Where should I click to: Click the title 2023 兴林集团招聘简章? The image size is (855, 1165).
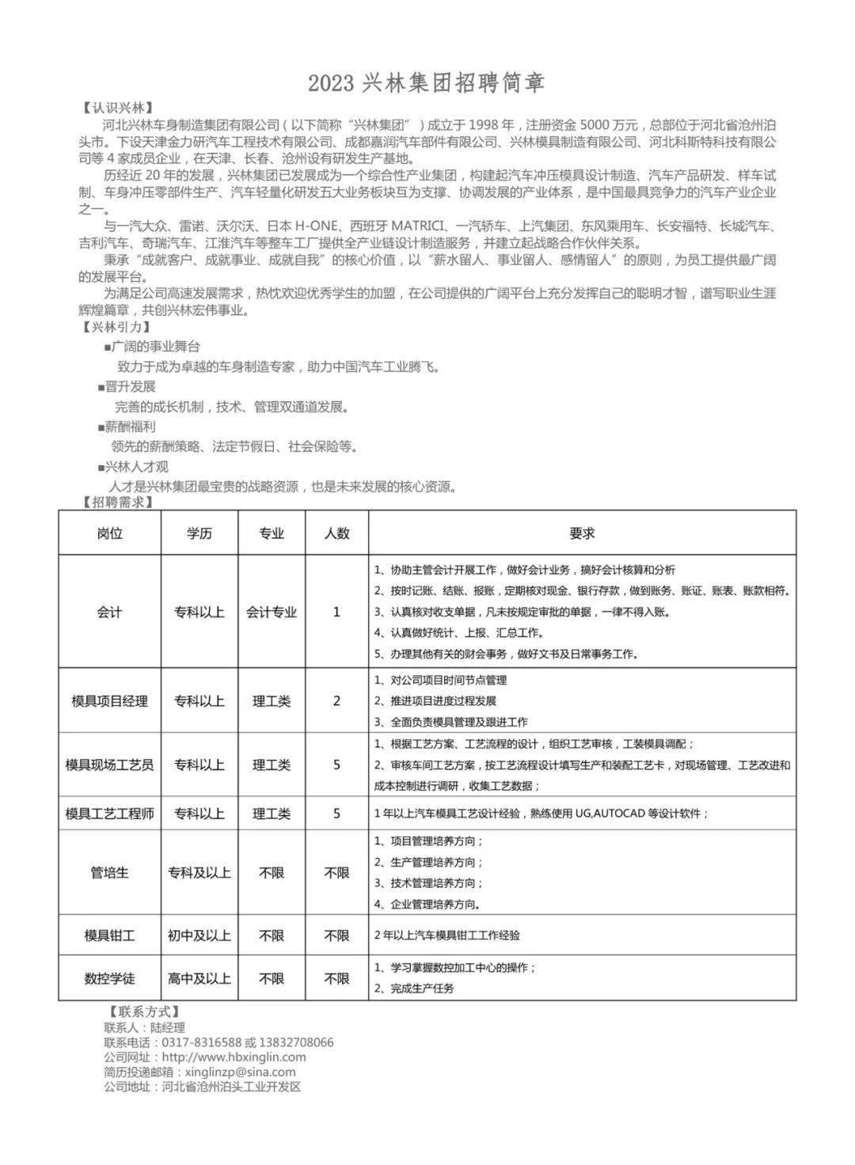[427, 82]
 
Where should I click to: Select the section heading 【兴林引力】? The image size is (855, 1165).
[118, 327]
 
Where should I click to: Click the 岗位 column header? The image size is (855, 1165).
[109, 533]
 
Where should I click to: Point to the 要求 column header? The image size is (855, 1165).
[582, 533]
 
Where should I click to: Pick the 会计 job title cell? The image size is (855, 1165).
[109, 612]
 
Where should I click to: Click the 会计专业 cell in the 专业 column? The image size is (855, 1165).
[272, 612]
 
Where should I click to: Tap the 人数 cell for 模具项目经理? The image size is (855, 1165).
[336, 700]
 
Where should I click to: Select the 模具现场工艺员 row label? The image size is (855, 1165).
[109, 765]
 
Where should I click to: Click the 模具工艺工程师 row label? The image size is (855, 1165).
[109, 813]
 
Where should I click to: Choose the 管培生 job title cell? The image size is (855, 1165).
[109, 872]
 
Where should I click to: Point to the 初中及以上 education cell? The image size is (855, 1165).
[199, 935]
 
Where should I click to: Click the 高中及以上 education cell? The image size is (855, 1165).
[199, 978]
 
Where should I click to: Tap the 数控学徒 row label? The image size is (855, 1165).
[109, 978]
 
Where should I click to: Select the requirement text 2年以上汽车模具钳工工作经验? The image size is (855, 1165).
[447, 935]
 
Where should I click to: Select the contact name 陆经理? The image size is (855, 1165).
[168, 1027]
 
